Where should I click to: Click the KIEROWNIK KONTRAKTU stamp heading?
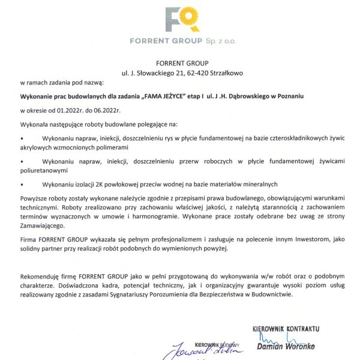(286, 329)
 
